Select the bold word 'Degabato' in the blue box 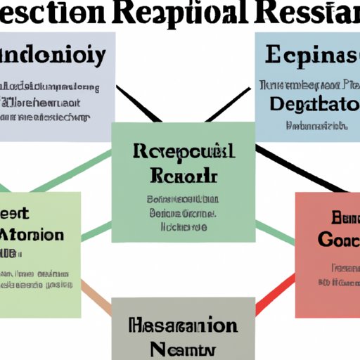point(309,103)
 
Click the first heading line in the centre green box point(183,151)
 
